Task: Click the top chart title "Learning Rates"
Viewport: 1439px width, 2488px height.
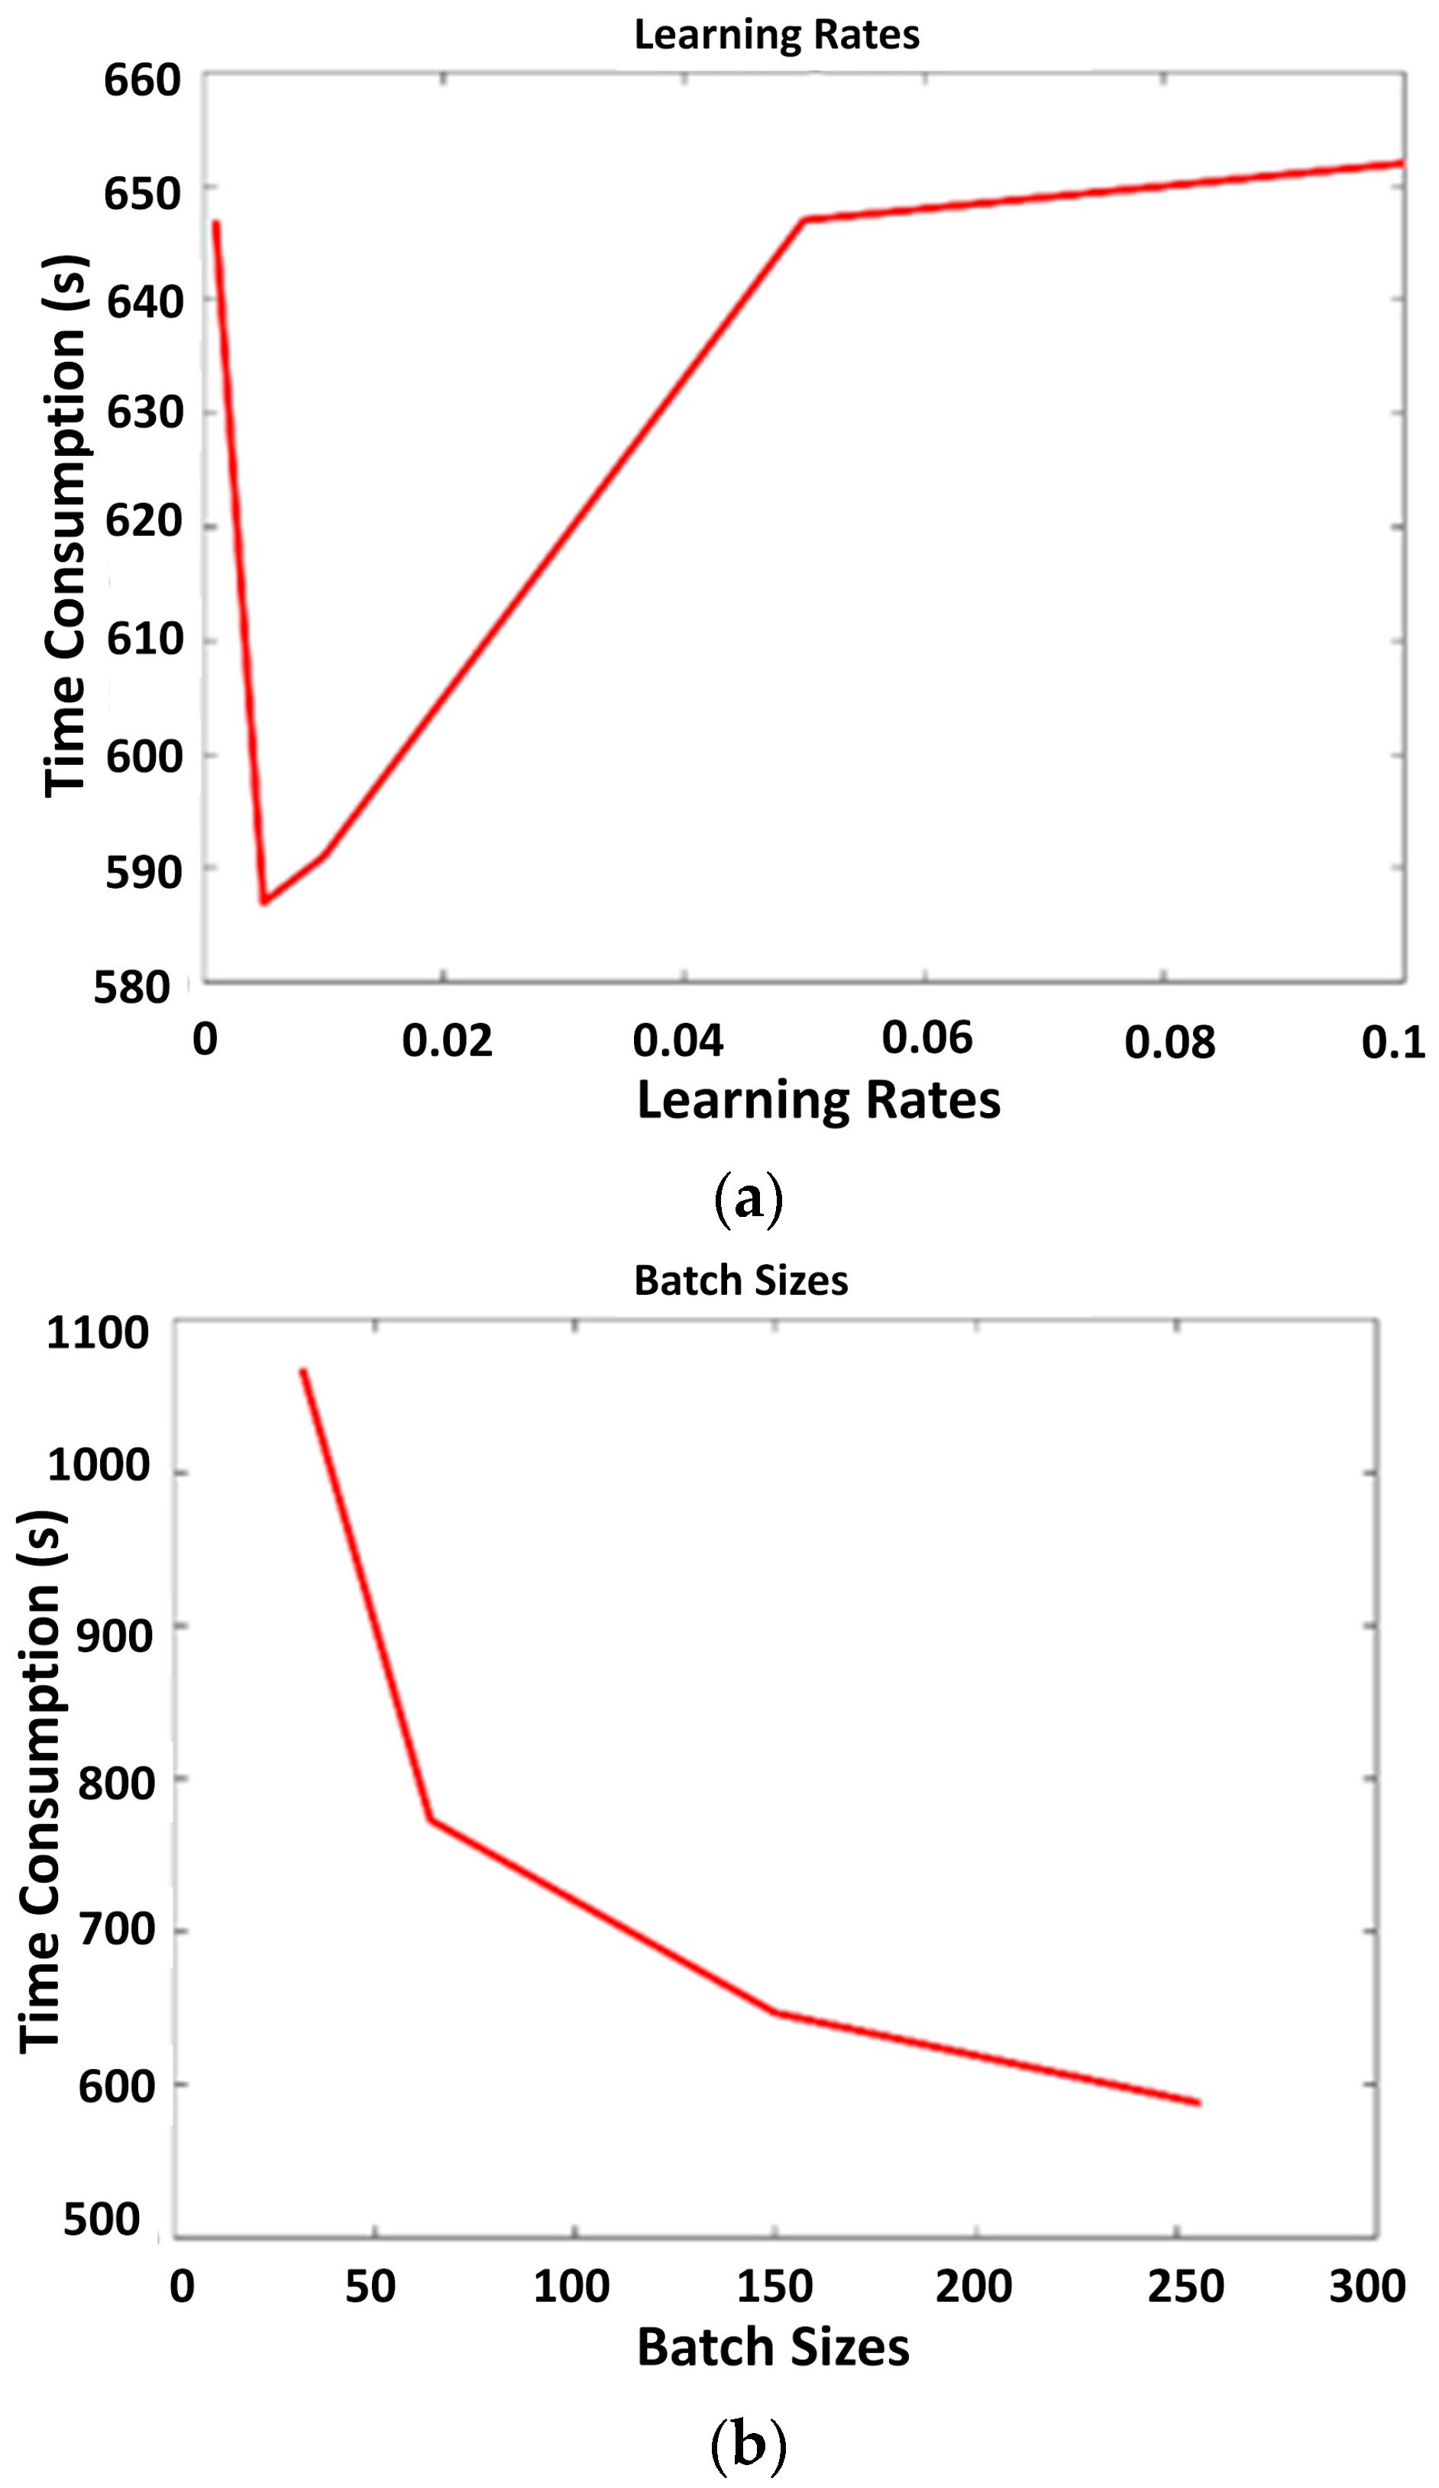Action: tap(776, 34)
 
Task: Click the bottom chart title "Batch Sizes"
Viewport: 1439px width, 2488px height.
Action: tap(741, 1280)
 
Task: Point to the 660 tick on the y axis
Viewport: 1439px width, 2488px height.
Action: tap(143, 80)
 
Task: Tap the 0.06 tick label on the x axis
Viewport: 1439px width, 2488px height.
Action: tap(926, 1037)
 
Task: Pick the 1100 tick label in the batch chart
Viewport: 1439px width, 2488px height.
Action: tap(98, 1333)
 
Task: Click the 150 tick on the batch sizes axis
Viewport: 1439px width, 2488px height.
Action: tap(774, 2286)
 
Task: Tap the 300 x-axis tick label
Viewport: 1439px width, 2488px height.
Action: tap(1367, 2286)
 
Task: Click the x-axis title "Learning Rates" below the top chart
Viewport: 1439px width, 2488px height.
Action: tap(819, 1100)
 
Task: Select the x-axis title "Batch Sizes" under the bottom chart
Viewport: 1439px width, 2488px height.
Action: tap(772, 2347)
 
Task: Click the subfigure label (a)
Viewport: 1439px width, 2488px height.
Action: tap(748, 1199)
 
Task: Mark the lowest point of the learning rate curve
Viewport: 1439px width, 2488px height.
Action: tap(264, 902)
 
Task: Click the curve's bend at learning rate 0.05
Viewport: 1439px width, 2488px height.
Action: tap(805, 220)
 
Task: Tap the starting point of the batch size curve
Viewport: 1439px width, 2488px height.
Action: tap(303, 1370)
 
